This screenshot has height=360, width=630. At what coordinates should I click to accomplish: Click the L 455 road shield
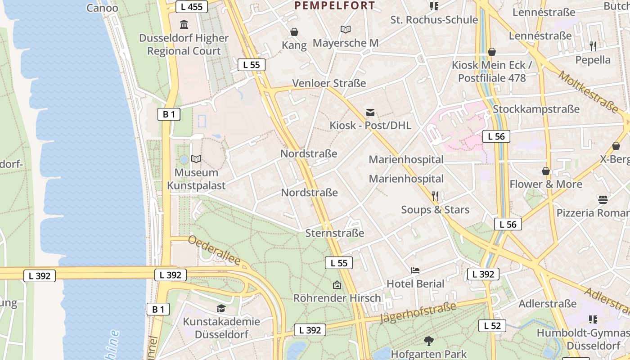(191, 6)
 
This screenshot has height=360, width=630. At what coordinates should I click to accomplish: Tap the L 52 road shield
(492, 326)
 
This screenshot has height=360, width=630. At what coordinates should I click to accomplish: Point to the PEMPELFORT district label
(334, 5)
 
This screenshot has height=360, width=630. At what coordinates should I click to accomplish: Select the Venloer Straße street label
(329, 83)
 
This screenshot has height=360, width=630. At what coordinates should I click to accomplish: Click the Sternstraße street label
(334, 233)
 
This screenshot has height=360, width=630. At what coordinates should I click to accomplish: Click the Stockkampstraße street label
(536, 109)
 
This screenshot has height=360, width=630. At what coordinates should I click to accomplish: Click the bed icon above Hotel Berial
(415, 270)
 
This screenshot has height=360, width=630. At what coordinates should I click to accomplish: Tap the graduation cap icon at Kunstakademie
(221, 308)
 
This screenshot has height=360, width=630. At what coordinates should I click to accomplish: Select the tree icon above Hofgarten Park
(428, 341)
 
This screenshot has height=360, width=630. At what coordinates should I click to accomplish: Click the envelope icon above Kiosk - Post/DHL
(370, 112)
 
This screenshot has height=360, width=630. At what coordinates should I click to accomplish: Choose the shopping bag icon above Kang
(294, 32)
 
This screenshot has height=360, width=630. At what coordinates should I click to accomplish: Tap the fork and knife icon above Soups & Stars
(435, 196)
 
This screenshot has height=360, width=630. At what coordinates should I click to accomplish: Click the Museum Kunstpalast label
(196, 179)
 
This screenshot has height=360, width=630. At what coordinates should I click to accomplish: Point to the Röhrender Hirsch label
(337, 298)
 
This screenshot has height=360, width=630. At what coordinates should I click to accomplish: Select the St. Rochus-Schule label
(434, 20)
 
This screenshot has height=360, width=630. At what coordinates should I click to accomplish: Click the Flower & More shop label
(545, 184)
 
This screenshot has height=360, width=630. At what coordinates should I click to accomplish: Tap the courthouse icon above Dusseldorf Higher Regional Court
(184, 24)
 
